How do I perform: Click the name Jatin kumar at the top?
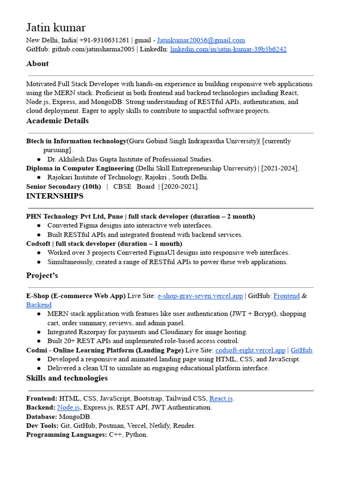tap(56, 28)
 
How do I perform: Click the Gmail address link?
tap(201, 40)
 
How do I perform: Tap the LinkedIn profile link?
tap(228, 49)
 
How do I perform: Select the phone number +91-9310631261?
tap(104, 40)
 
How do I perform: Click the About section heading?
tap(37, 64)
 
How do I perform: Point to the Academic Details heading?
tap(57, 121)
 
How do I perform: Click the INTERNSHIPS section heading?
tap(54, 196)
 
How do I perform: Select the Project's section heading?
tap(42, 276)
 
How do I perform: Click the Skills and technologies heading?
tap(67, 378)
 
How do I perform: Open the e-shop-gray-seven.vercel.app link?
tap(200, 296)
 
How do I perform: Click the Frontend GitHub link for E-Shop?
tap(286, 296)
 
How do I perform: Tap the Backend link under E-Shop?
tap(39, 305)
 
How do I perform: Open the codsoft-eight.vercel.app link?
tap(250, 350)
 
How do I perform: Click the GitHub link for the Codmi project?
tap(301, 350)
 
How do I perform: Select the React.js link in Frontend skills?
tap(221, 398)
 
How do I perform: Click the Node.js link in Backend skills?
tap(68, 407)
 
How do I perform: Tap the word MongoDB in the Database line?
tap(75, 417)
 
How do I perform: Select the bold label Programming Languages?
tap(67, 435)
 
